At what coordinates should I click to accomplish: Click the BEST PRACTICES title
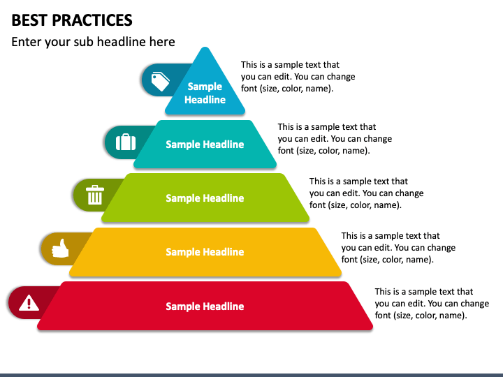72,20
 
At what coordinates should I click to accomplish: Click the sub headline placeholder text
93,42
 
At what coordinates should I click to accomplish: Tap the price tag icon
161,82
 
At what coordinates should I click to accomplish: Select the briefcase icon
126,142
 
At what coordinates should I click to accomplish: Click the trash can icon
94,195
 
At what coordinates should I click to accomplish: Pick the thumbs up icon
61,249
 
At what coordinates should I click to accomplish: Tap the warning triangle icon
29,302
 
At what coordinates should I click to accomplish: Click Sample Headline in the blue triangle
205,93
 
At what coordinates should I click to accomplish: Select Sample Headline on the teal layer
205,145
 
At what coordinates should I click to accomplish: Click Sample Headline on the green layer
205,198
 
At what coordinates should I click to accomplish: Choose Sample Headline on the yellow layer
205,252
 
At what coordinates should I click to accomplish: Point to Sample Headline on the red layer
205,306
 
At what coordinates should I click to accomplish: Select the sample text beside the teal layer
335,139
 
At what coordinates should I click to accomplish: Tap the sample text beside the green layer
366,193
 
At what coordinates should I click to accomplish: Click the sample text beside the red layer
432,304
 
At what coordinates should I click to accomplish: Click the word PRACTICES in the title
92,20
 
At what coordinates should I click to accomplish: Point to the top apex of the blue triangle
205,48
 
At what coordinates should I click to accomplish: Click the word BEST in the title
29,20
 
